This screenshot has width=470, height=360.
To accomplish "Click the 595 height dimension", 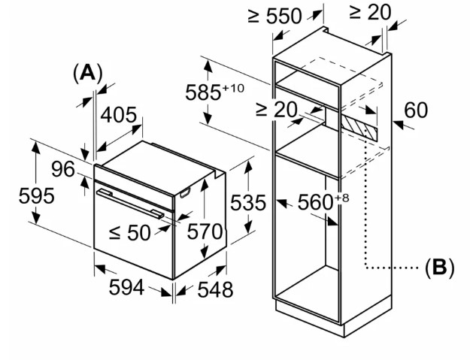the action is point(37,196).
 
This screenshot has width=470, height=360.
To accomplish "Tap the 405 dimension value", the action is point(118,115).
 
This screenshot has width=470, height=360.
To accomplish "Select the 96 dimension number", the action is point(63,169).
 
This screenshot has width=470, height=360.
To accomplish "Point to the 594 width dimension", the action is point(126,287).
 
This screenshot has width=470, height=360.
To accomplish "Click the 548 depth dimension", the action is point(215,289).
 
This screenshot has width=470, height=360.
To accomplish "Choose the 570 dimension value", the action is point(205,231).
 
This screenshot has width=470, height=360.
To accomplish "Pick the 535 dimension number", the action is point(248,202).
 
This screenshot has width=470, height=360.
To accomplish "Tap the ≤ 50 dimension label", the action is point(129,233).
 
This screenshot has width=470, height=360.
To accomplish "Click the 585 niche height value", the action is point(204,92).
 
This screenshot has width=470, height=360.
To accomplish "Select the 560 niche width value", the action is point(316,202).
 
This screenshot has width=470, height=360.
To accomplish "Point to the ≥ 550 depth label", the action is point(275,16).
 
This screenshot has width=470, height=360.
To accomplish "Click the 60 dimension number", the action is point(416,110).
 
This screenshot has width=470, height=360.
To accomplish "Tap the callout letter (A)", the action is point(87,73).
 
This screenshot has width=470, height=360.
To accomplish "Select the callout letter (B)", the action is point(440,267).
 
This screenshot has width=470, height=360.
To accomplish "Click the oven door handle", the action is point(130,204).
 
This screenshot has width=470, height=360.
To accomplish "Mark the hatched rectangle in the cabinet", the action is point(359,128).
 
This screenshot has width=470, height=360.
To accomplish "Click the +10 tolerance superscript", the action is point(233,89).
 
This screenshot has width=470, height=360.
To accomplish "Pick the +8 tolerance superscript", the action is point(342,198).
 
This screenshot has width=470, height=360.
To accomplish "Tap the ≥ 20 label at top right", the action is point(371,13).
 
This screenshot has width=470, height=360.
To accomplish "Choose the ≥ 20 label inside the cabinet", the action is point(277,109).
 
